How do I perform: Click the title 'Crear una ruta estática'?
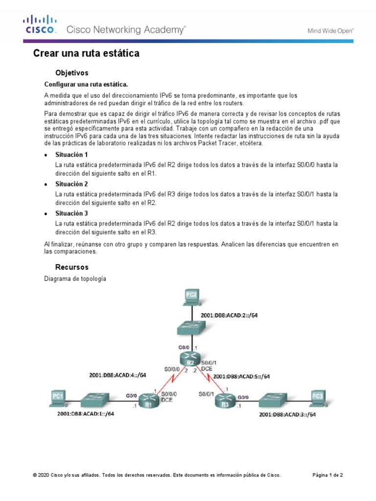point(86,53)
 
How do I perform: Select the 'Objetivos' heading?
point(71,73)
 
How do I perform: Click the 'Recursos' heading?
point(71,267)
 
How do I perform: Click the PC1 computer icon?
point(58,397)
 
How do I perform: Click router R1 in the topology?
point(146,401)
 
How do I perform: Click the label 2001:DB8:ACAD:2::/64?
point(229,316)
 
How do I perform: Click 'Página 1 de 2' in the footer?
point(328,475)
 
